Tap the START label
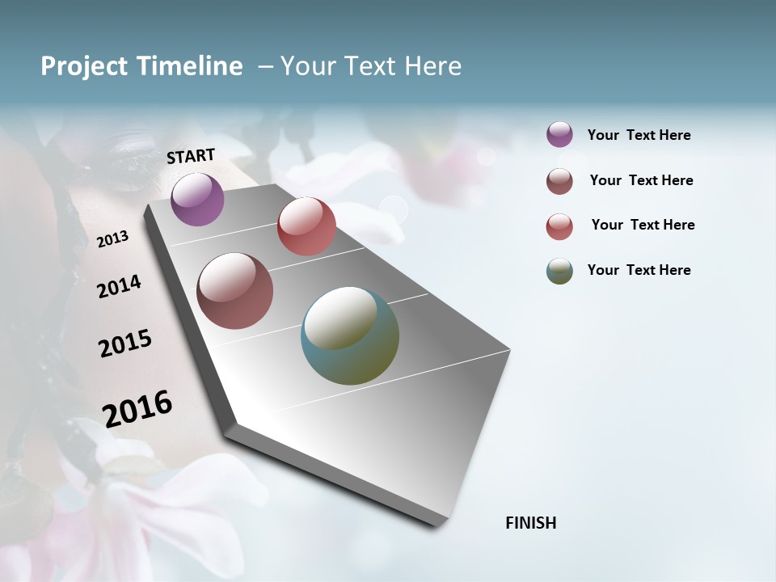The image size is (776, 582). [x=191, y=156]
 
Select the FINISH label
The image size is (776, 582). [x=530, y=523]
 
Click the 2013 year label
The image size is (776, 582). [x=112, y=239]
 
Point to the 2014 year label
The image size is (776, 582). [x=119, y=286]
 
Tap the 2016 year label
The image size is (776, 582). [x=137, y=408]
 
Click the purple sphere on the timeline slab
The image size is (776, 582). [x=197, y=199]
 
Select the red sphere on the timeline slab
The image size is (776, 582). [x=306, y=226]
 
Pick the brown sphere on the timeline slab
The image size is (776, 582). [x=234, y=291]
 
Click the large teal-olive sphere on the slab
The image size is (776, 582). [x=350, y=335]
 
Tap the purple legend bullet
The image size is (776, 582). [x=559, y=134]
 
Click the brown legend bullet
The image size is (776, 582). [x=559, y=181]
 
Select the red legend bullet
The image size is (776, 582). [x=559, y=226]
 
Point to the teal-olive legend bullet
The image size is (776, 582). [x=559, y=271]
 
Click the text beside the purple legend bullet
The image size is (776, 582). [x=639, y=136]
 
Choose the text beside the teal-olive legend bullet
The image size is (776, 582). [x=639, y=270]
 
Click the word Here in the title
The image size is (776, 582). [x=432, y=66]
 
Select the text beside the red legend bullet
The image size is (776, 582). [x=643, y=225]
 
